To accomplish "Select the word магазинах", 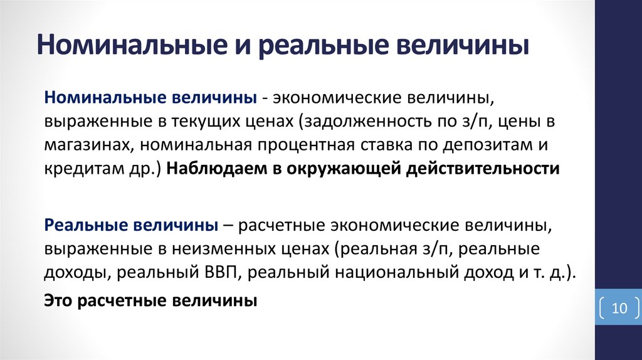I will [x=87, y=146].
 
